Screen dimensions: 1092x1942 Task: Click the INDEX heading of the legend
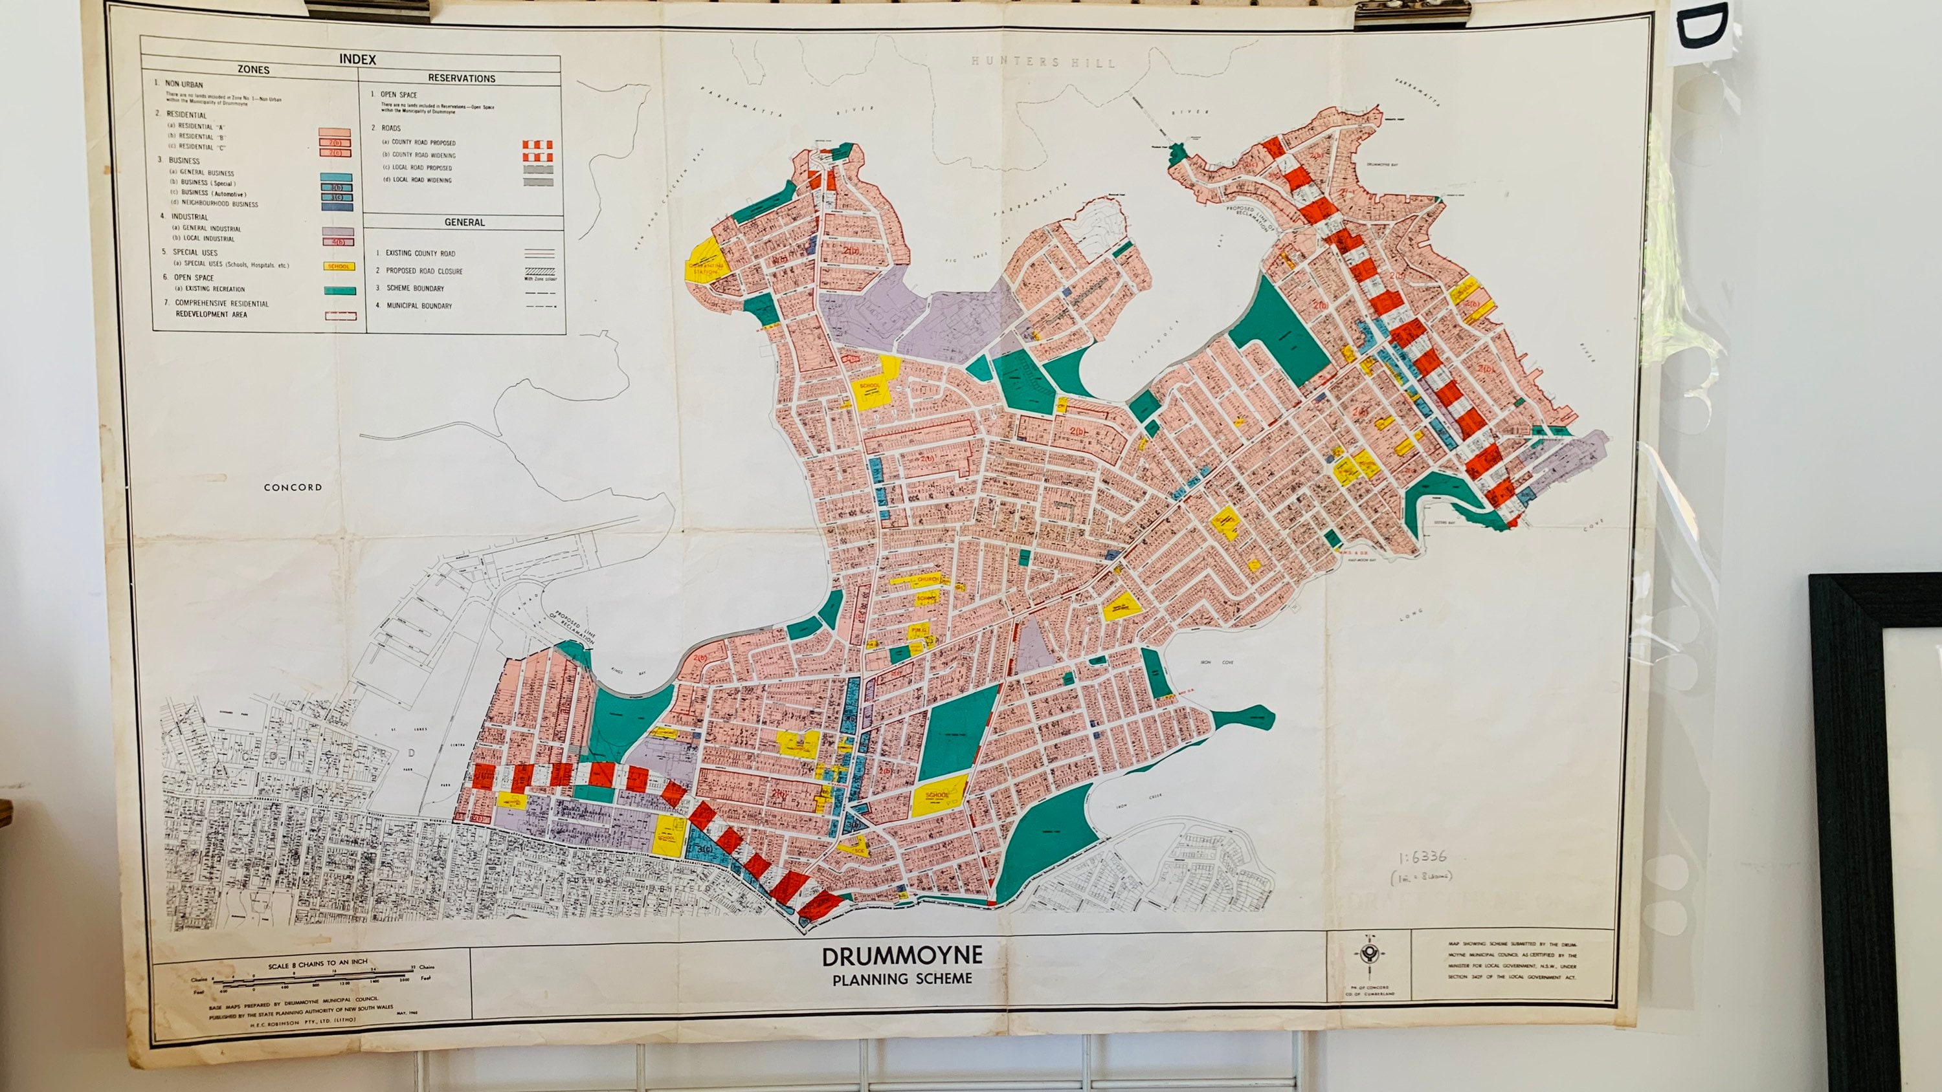pyautogui.click(x=357, y=59)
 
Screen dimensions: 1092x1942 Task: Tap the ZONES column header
pyautogui.click(x=253, y=69)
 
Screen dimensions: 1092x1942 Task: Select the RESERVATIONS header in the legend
pyautogui.click(x=462, y=78)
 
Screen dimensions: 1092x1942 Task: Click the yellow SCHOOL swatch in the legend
pyautogui.click(x=339, y=266)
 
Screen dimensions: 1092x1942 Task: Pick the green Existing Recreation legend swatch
pyautogui.click(x=340, y=290)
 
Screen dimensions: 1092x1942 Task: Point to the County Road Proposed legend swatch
pyautogui.click(x=537, y=144)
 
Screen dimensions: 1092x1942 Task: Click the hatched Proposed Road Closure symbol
pyautogui.click(x=539, y=271)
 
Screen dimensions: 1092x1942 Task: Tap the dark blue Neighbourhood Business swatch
pyautogui.click(x=336, y=206)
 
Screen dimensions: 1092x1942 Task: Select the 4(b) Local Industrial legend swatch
pyautogui.click(x=338, y=242)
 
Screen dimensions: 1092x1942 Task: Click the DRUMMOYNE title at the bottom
pyautogui.click(x=902, y=956)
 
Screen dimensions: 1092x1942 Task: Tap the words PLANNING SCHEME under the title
pyautogui.click(x=902, y=979)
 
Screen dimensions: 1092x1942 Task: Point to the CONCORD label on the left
pyautogui.click(x=293, y=488)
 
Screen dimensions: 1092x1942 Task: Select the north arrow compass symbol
pyautogui.click(x=1368, y=955)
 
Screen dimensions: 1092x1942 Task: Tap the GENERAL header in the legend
pyautogui.click(x=464, y=223)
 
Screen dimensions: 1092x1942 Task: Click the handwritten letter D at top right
pyautogui.click(x=1702, y=28)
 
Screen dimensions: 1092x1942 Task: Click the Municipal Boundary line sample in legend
pyautogui.click(x=539, y=307)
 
